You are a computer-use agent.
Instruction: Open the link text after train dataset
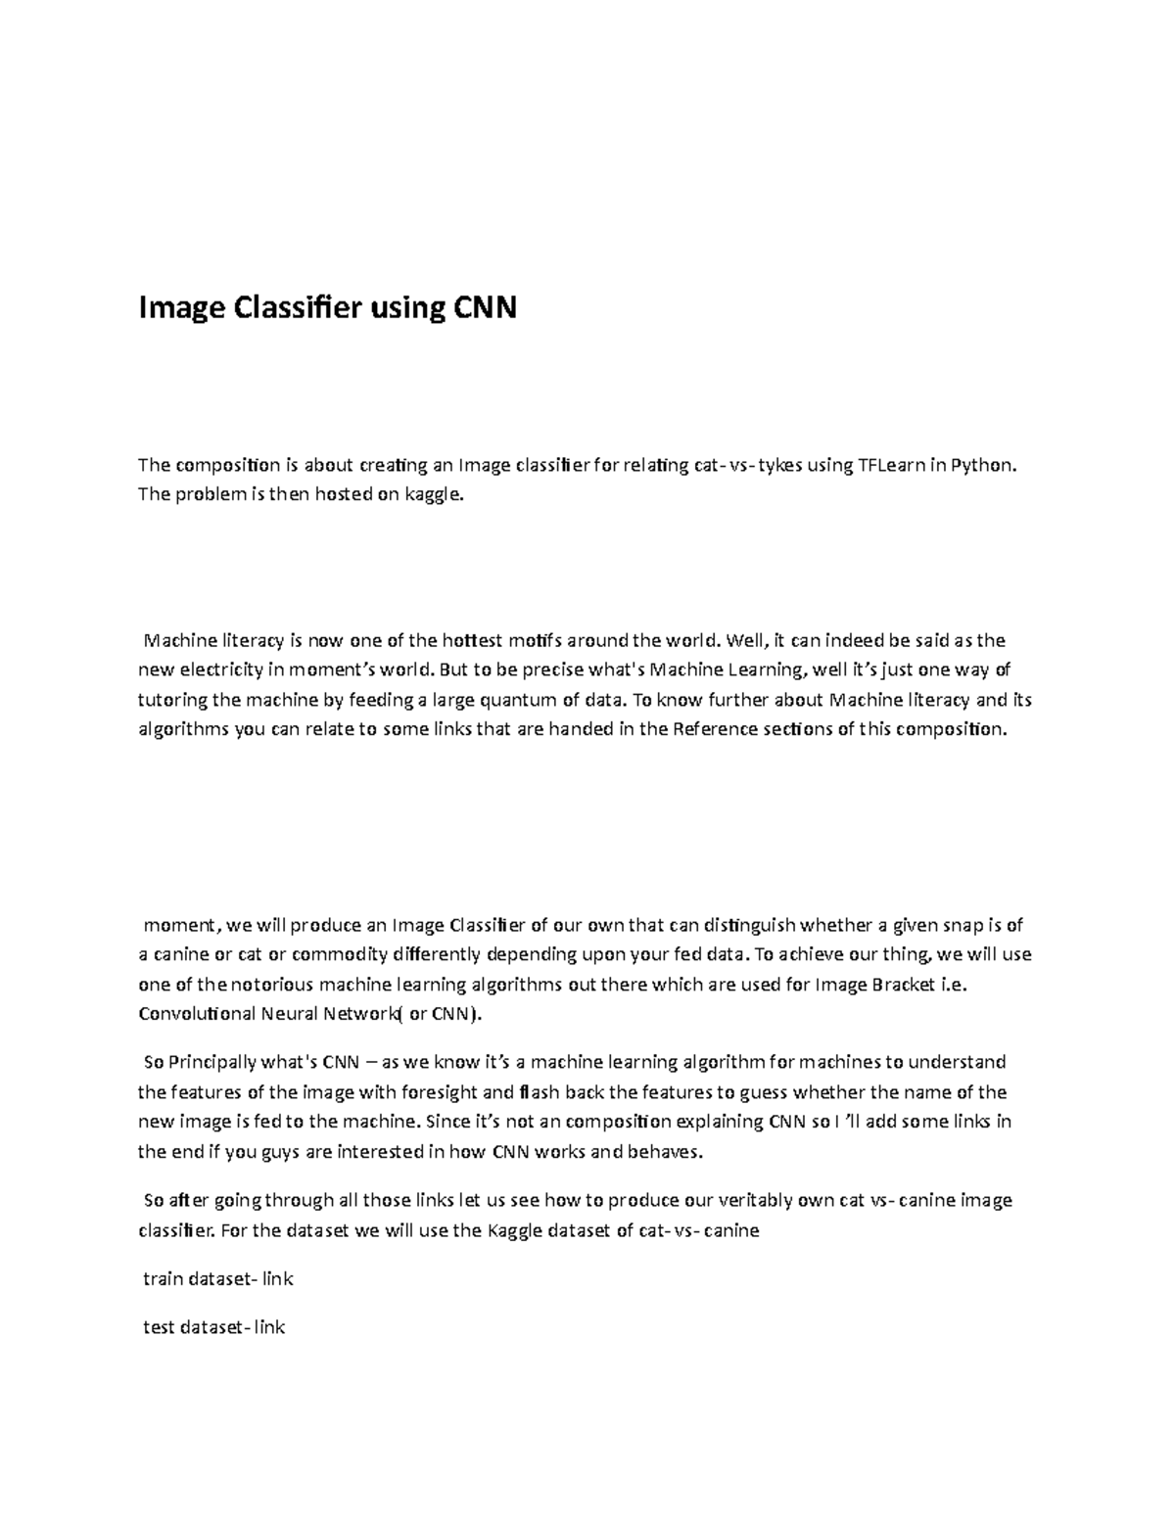click(x=276, y=1279)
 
